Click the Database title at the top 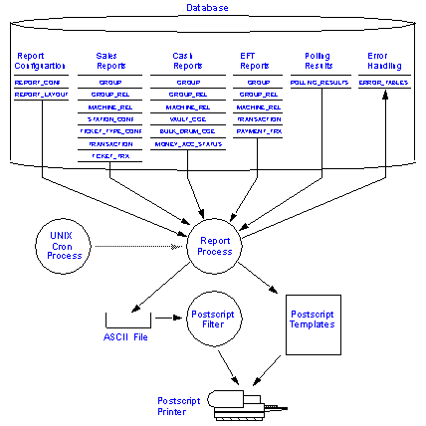tap(208, 7)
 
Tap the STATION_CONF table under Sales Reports tap(110, 118)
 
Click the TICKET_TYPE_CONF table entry tap(110, 130)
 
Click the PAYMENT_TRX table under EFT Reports tap(259, 130)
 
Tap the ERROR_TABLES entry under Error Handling tap(382, 82)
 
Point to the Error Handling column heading tap(382, 60)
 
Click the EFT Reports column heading tap(256, 60)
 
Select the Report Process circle tap(214, 245)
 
